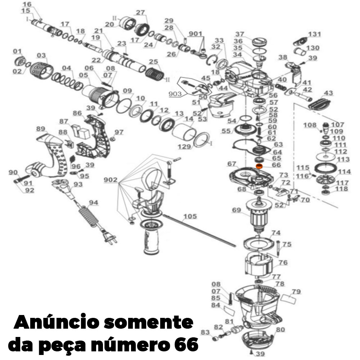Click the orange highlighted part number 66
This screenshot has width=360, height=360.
[x=258, y=166]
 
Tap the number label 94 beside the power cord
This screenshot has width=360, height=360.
[x=93, y=203]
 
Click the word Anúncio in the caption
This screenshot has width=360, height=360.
[x=55, y=321]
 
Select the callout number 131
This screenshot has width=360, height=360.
[x=314, y=34]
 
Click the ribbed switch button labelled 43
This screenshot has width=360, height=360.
[x=318, y=103]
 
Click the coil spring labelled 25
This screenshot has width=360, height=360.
[x=156, y=76]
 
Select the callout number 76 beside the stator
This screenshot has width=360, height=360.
[x=283, y=262]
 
